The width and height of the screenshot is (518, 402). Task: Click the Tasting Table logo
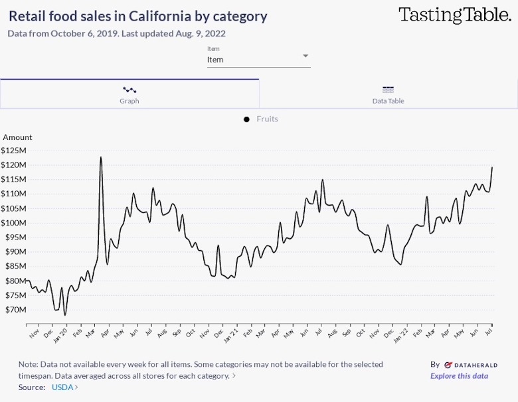(454, 16)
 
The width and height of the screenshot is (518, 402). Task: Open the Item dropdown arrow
(305, 56)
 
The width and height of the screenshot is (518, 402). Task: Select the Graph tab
(129, 94)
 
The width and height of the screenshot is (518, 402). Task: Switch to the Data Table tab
(388, 94)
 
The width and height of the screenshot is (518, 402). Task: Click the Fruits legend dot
(246, 119)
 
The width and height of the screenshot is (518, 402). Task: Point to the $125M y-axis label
(13, 151)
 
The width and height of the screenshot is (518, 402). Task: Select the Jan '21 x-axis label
(231, 332)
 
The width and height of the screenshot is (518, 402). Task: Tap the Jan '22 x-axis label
(402, 332)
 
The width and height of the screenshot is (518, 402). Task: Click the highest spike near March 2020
(101, 157)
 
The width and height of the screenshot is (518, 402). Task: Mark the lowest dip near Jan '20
(65, 315)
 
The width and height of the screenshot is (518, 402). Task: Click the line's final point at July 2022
(492, 167)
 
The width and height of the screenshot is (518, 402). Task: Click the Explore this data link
(459, 376)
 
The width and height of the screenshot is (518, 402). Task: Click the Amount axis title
(17, 137)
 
